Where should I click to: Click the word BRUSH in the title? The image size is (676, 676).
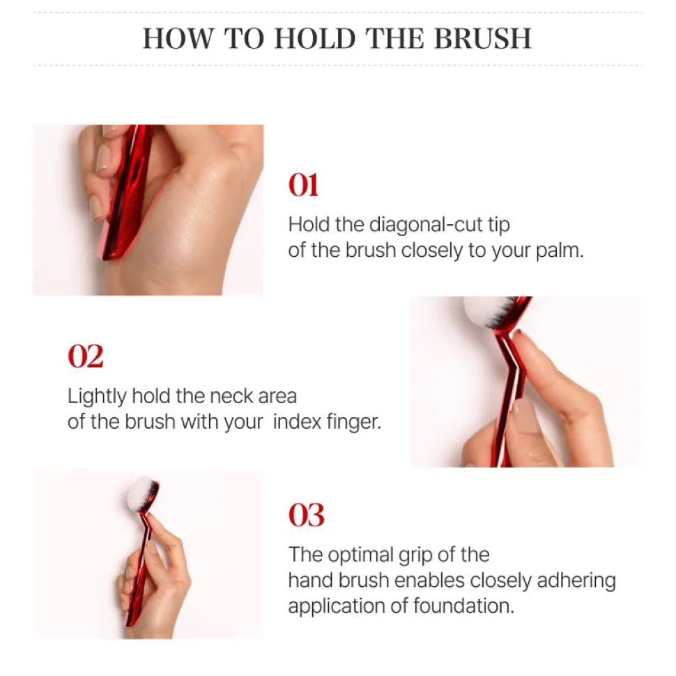483,38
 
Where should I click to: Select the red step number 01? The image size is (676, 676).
303,185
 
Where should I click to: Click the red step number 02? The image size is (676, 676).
86,356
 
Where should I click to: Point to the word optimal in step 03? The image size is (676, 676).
360,556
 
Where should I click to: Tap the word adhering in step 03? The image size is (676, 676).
576,581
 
